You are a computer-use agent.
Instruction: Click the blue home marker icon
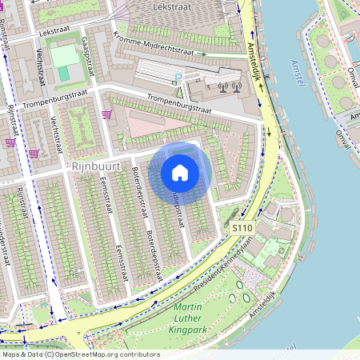[180, 173]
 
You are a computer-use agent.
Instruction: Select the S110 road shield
[242, 229]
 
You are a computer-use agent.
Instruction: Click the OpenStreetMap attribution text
[80, 354]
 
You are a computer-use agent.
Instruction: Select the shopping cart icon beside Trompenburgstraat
[106, 115]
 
